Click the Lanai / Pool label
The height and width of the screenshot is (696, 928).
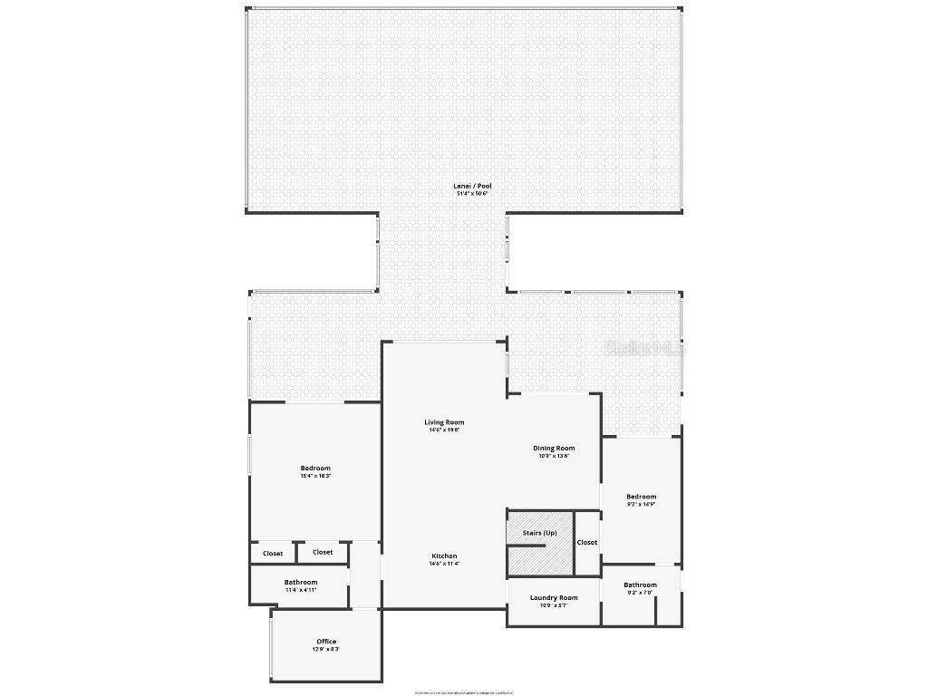pyautogui.click(x=472, y=186)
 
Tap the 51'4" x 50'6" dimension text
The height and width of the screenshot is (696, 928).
pyautogui.click(x=472, y=194)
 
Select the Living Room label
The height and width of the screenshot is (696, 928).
pyautogui.click(x=444, y=422)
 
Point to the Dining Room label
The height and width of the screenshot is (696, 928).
pyautogui.click(x=554, y=448)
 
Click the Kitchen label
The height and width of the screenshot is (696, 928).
pyautogui.click(x=444, y=556)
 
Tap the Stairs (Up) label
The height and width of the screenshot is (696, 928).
pyautogui.click(x=540, y=533)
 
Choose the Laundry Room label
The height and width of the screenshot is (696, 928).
pyautogui.click(x=554, y=597)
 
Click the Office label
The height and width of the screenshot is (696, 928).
pyautogui.click(x=326, y=642)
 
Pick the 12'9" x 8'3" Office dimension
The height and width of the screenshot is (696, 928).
pyautogui.click(x=326, y=650)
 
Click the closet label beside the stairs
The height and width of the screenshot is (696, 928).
pyautogui.click(x=587, y=542)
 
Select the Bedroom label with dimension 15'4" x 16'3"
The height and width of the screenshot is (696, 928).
pyautogui.click(x=315, y=468)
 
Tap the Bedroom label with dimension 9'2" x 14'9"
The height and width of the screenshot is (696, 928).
pyautogui.click(x=641, y=496)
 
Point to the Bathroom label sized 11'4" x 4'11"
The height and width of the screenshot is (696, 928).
pyautogui.click(x=301, y=582)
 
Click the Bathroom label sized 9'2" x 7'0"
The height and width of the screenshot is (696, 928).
pyautogui.click(x=640, y=585)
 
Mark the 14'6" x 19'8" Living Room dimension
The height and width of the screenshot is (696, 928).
pyautogui.click(x=444, y=430)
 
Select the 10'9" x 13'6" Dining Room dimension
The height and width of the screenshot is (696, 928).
pyautogui.click(x=554, y=456)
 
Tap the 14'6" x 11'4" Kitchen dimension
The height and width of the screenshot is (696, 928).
pyautogui.click(x=444, y=564)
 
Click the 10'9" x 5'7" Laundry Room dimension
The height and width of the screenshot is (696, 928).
pyautogui.click(x=554, y=605)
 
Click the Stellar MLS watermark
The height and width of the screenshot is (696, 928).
pyautogui.click(x=645, y=347)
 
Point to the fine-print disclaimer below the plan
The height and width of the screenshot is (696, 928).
pyautogui.click(x=464, y=692)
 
